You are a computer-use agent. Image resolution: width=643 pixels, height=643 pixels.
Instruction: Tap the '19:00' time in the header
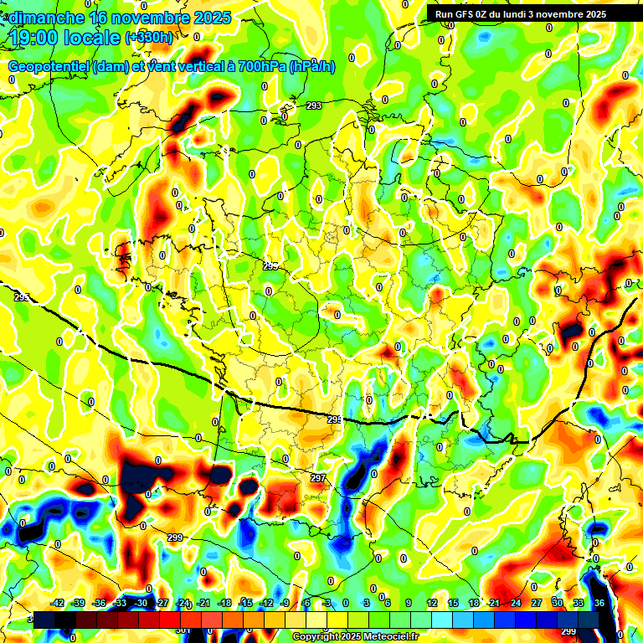34,37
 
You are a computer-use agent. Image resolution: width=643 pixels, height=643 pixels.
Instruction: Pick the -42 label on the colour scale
58,603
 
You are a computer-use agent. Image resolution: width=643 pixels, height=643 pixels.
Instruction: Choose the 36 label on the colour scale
599,603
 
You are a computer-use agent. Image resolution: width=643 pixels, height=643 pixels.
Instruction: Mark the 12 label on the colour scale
432,603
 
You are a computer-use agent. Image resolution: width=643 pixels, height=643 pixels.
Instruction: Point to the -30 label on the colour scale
141,603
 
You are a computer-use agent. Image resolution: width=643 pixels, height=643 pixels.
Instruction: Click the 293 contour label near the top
314,105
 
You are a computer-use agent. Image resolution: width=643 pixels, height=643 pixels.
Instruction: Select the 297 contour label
318,478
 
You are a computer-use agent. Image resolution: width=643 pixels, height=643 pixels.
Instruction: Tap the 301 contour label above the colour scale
183,630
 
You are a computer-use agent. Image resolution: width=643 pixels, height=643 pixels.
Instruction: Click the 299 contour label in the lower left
175,538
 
